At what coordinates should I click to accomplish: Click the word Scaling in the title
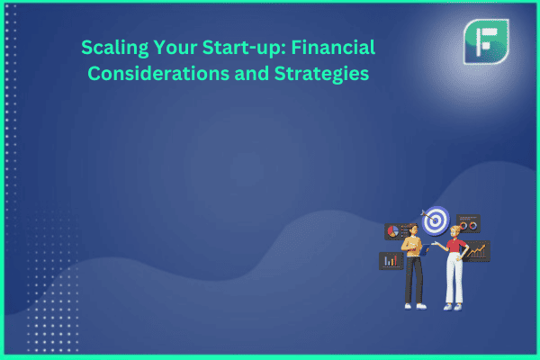coord(114,49)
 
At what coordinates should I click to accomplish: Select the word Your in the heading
coord(175,47)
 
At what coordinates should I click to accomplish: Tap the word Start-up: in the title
coord(244,48)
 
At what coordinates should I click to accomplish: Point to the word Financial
coord(333,47)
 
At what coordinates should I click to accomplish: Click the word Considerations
coord(158,74)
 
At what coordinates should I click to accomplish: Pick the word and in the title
coord(251,74)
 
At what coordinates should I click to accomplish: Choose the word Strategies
coord(321,74)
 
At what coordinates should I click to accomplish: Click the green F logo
coord(486,41)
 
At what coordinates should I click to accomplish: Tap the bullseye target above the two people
coord(436,220)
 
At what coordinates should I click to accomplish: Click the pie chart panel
coord(396,231)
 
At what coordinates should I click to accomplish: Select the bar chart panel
coord(391,261)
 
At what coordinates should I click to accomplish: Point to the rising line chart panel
coord(476,251)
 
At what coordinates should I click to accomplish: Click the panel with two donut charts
coord(468,223)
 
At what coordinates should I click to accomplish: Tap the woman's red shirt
coord(456,246)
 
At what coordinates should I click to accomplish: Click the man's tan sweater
coord(411,247)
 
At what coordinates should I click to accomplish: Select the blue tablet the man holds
coord(425,249)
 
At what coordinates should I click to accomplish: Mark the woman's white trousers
coord(454,278)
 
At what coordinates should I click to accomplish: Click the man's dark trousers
coord(414,280)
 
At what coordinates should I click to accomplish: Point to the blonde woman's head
coord(454,231)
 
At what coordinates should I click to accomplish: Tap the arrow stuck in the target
coord(428,216)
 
